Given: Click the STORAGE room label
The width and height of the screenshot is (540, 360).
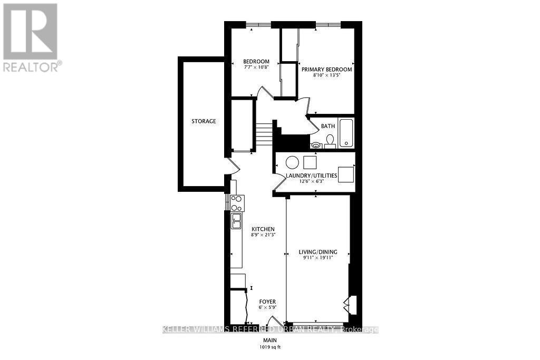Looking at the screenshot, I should pyautogui.click(x=204, y=121).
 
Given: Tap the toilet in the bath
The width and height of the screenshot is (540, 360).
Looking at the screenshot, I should pyautogui.click(x=330, y=140).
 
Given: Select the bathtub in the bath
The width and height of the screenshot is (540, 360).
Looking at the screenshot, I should pyautogui.click(x=346, y=132).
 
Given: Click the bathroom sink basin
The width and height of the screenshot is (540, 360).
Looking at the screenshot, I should pyautogui.click(x=315, y=144).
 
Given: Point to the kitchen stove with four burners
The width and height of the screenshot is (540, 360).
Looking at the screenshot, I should pyautogui.click(x=237, y=203).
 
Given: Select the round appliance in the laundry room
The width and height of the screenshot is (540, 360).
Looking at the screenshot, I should pyautogui.click(x=292, y=162).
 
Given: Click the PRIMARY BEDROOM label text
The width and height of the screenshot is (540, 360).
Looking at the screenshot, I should pyautogui.click(x=326, y=69).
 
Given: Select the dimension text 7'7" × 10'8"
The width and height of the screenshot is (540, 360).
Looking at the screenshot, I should pyautogui.click(x=256, y=67).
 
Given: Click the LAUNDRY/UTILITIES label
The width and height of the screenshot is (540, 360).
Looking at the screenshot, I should pyautogui.click(x=311, y=176).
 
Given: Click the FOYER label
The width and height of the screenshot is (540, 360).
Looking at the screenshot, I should pyautogui.click(x=267, y=302).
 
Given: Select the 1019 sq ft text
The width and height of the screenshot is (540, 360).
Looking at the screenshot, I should pyautogui.click(x=270, y=346).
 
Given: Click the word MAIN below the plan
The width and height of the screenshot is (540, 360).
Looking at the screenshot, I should pyautogui.click(x=270, y=340).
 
